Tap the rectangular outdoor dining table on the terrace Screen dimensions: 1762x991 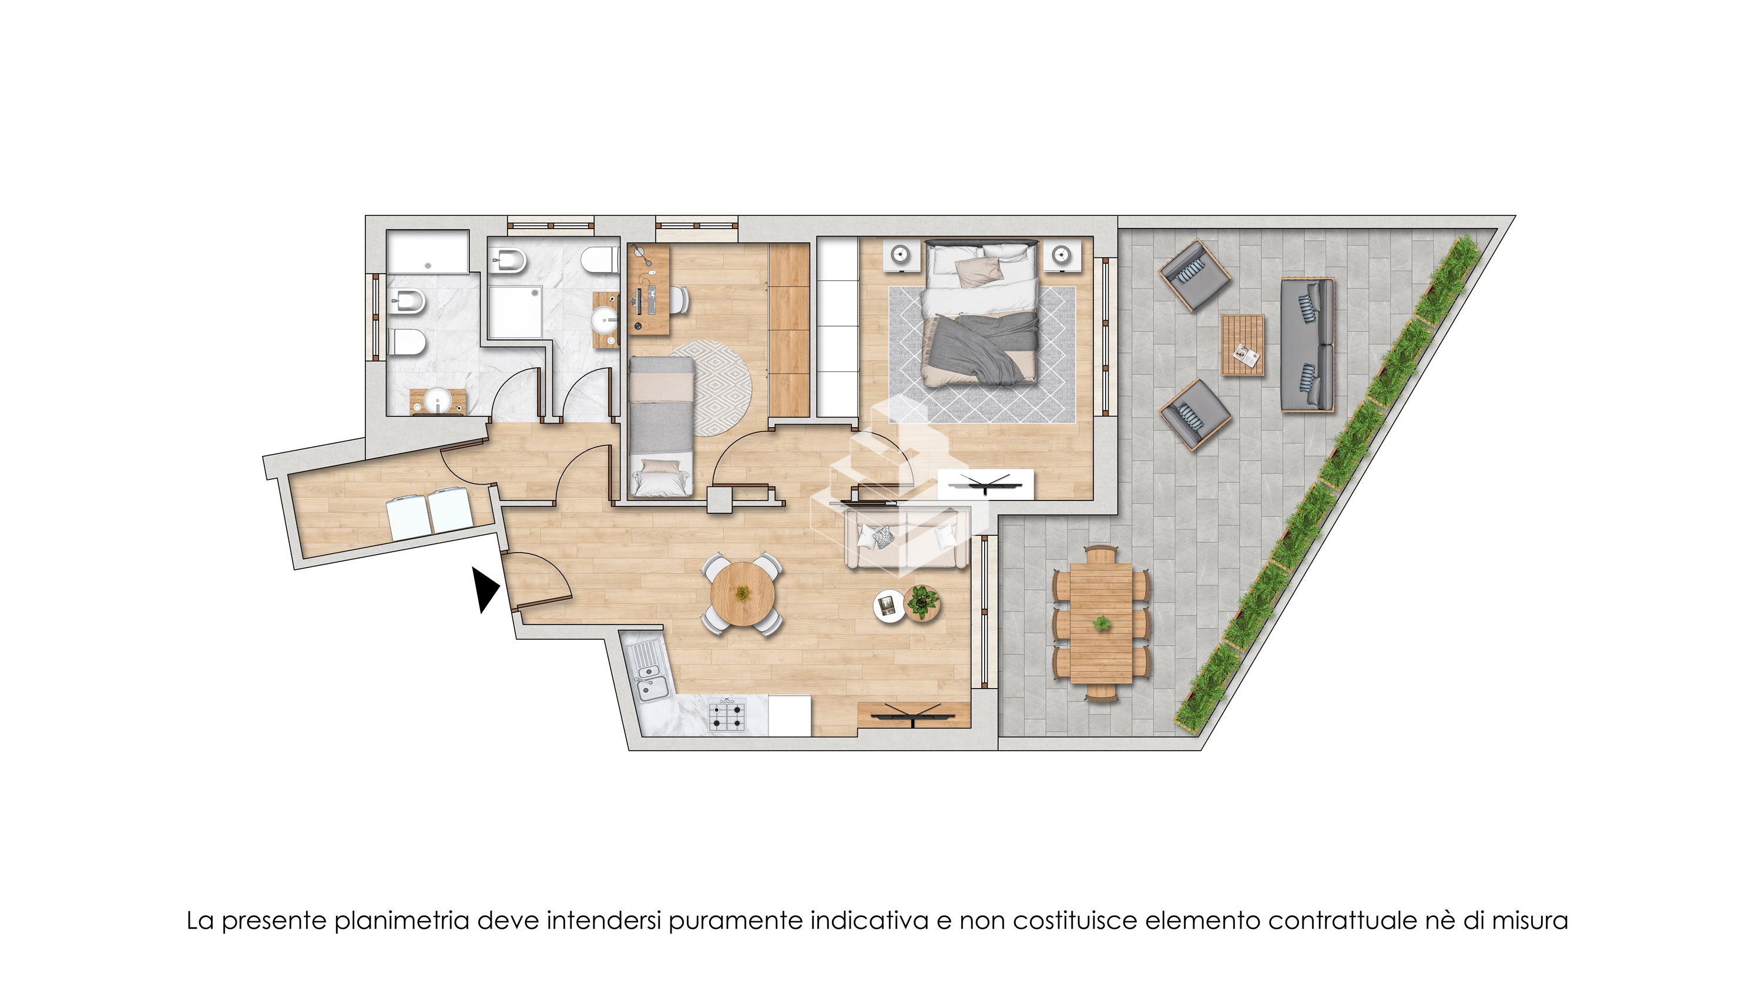coord(1101,622)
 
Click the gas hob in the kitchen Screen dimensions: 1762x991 coord(726,715)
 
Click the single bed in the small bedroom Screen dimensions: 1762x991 coord(662,428)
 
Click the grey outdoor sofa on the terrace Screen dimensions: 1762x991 coord(1307,345)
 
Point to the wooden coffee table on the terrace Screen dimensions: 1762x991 coord(1243,345)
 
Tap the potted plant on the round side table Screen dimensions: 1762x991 coord(922,603)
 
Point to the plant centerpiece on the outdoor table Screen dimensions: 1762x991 coord(1101,623)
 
